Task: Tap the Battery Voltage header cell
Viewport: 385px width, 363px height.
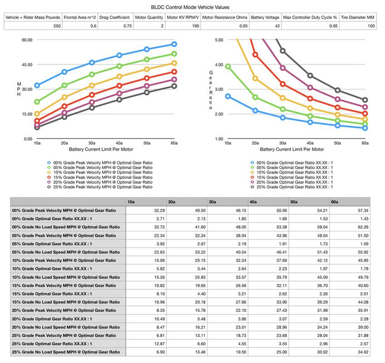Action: pos(266,18)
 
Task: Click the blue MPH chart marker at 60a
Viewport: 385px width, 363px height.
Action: pos(174,44)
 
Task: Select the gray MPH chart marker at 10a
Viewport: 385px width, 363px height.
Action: pos(37,128)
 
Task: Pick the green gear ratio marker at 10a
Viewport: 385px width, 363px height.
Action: pos(228,66)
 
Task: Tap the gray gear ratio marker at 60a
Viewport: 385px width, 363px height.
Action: pos(365,100)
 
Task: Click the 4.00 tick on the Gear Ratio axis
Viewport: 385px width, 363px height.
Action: pos(218,64)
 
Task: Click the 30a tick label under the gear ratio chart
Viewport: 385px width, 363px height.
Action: pos(282,143)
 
